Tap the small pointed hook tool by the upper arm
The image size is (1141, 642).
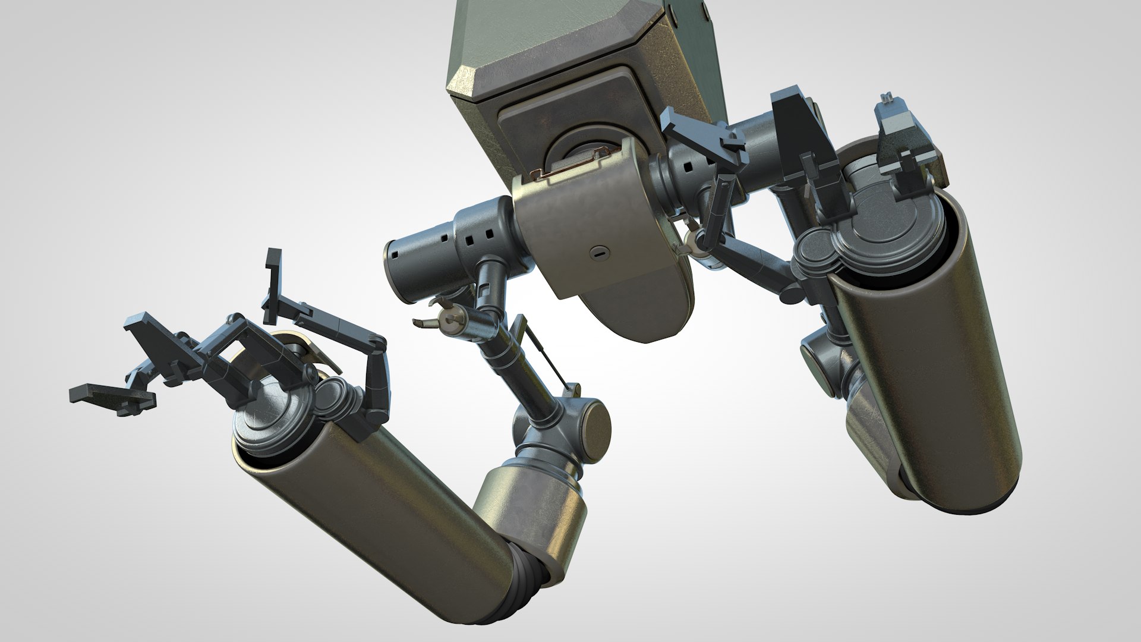[424, 322]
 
